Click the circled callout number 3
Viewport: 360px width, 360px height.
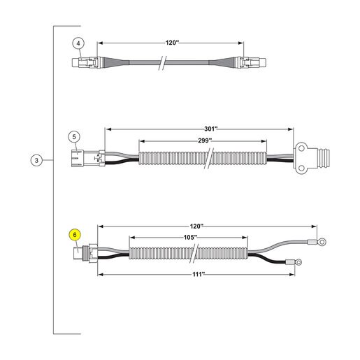[36, 160]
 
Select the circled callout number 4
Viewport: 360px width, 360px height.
[78, 43]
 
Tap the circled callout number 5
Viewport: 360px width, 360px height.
[74, 137]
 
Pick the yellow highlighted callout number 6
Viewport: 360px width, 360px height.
[75, 235]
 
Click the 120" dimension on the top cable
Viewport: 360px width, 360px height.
[172, 43]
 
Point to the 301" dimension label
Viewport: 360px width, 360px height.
[211, 129]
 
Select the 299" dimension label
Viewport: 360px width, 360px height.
[205, 141]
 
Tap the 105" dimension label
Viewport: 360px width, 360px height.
[190, 237]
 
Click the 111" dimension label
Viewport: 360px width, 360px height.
[199, 274]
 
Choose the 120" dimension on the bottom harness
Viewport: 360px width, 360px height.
[196, 226]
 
